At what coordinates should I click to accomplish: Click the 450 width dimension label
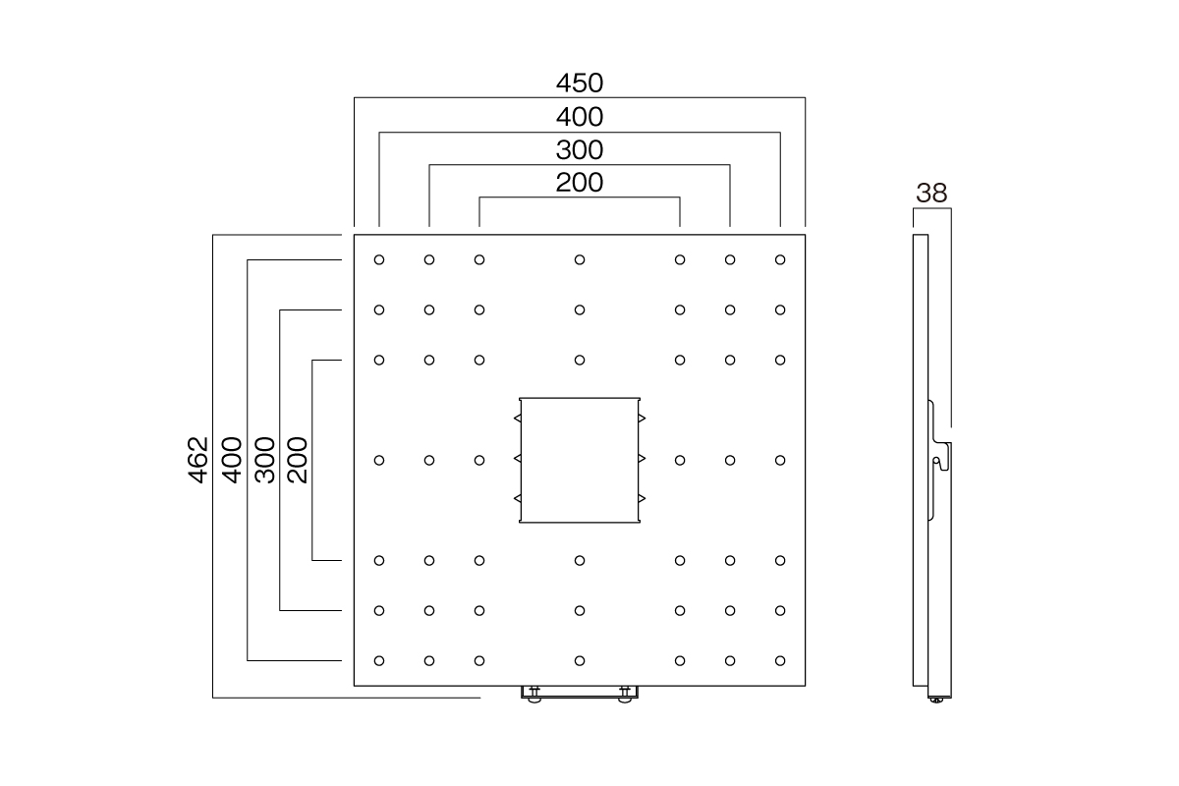(580, 84)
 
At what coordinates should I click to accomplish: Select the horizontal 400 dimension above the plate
(580, 117)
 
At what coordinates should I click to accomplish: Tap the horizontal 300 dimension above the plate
(580, 150)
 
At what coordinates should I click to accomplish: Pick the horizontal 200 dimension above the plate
(580, 183)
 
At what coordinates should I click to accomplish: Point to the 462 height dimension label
(197, 460)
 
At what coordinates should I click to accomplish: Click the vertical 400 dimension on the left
(231, 460)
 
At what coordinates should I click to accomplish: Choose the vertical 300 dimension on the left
(264, 460)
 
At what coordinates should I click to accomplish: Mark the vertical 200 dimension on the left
(297, 460)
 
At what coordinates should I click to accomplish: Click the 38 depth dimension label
(931, 194)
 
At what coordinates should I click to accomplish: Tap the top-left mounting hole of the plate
(379, 259)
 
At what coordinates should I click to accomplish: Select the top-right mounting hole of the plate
(780, 259)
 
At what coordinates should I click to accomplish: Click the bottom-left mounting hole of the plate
(379, 660)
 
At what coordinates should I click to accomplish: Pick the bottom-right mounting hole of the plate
(780, 660)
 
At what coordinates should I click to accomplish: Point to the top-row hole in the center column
(580, 259)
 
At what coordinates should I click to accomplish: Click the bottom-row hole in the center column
(580, 660)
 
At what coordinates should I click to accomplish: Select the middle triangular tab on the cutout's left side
(518, 459)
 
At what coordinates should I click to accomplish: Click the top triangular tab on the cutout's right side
(642, 418)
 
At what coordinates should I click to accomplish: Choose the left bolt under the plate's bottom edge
(534, 695)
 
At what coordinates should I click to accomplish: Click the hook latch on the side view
(941, 457)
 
